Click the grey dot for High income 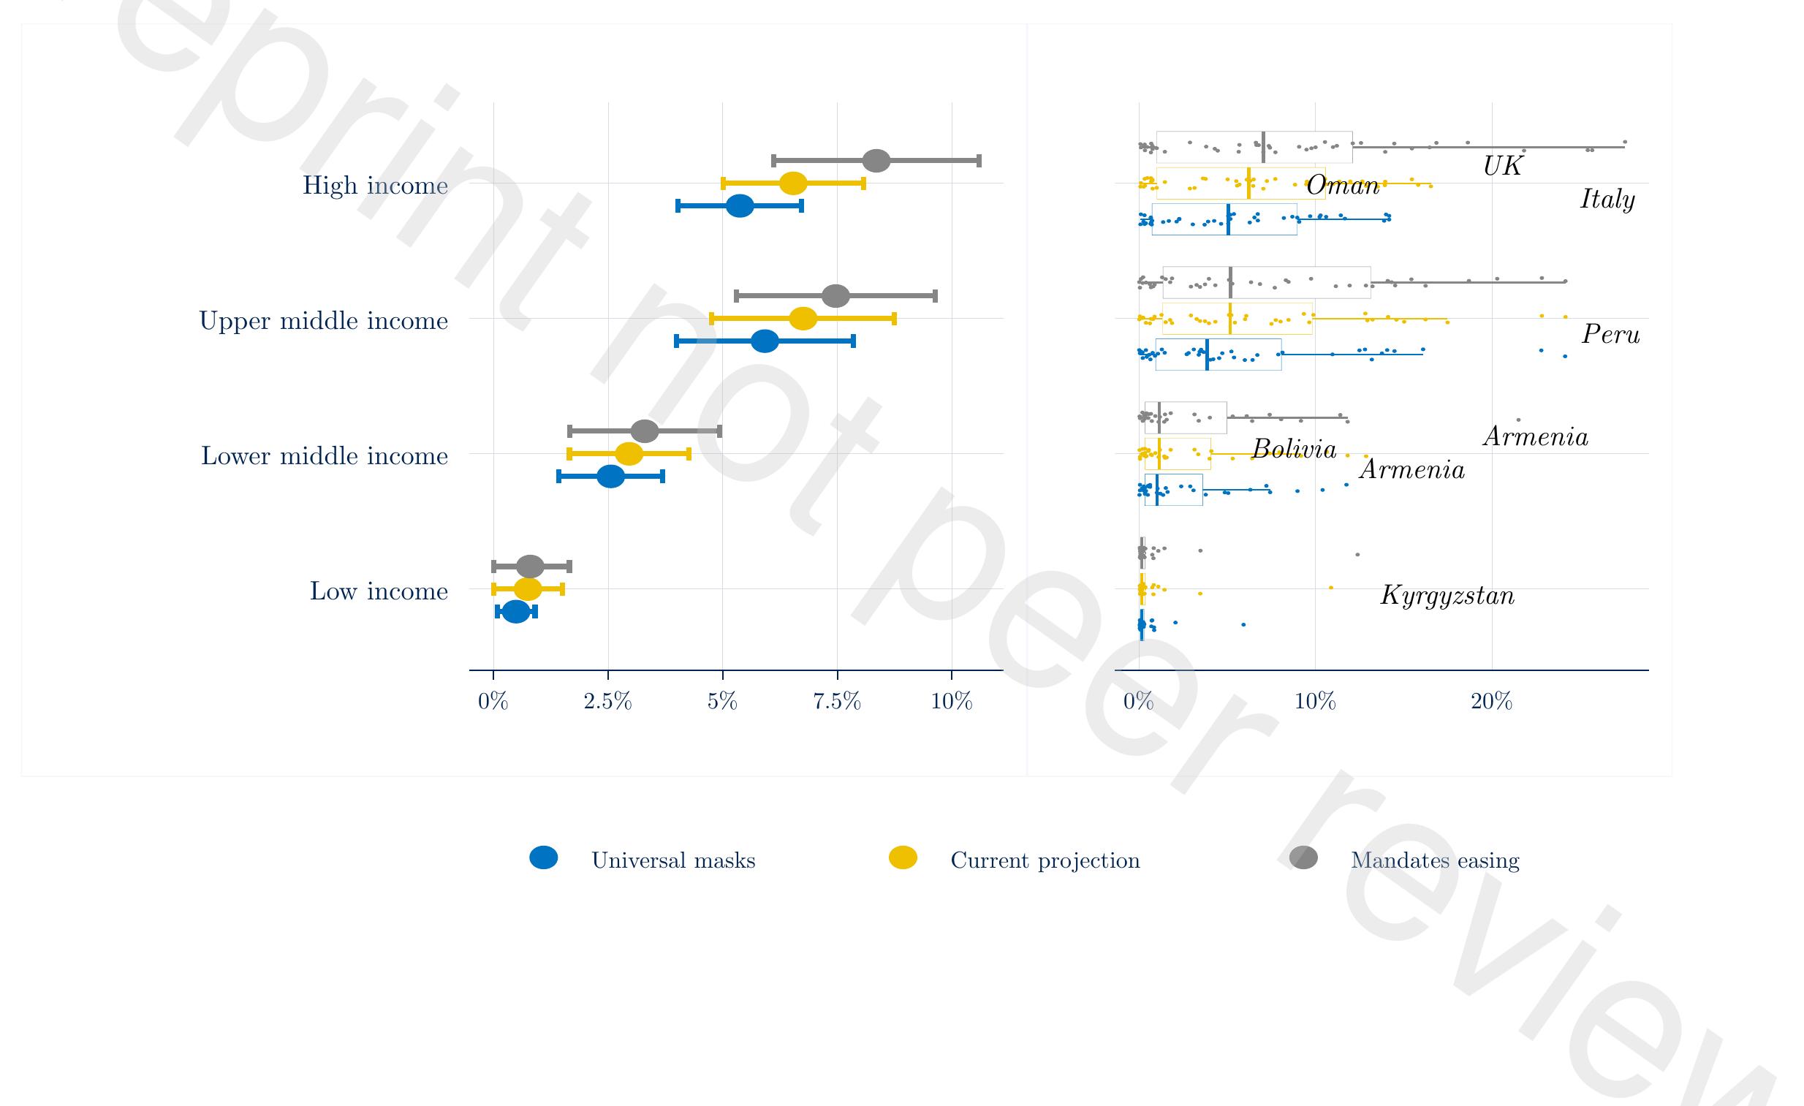(876, 160)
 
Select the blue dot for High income (740, 205)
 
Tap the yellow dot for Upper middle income (803, 319)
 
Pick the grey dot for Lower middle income (644, 431)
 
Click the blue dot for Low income (515, 611)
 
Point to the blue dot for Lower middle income (610, 477)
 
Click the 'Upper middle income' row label (323, 321)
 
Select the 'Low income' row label (379, 591)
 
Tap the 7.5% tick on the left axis (837, 701)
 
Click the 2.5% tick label (607, 701)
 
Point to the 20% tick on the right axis (1491, 701)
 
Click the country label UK (1502, 166)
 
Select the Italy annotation (1607, 199)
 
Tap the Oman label (1342, 185)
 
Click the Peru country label (1610, 335)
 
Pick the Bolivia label (1294, 449)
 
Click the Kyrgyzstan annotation (1447, 595)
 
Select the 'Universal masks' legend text (672, 860)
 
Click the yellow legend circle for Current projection (902, 858)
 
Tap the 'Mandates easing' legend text (1434, 860)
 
